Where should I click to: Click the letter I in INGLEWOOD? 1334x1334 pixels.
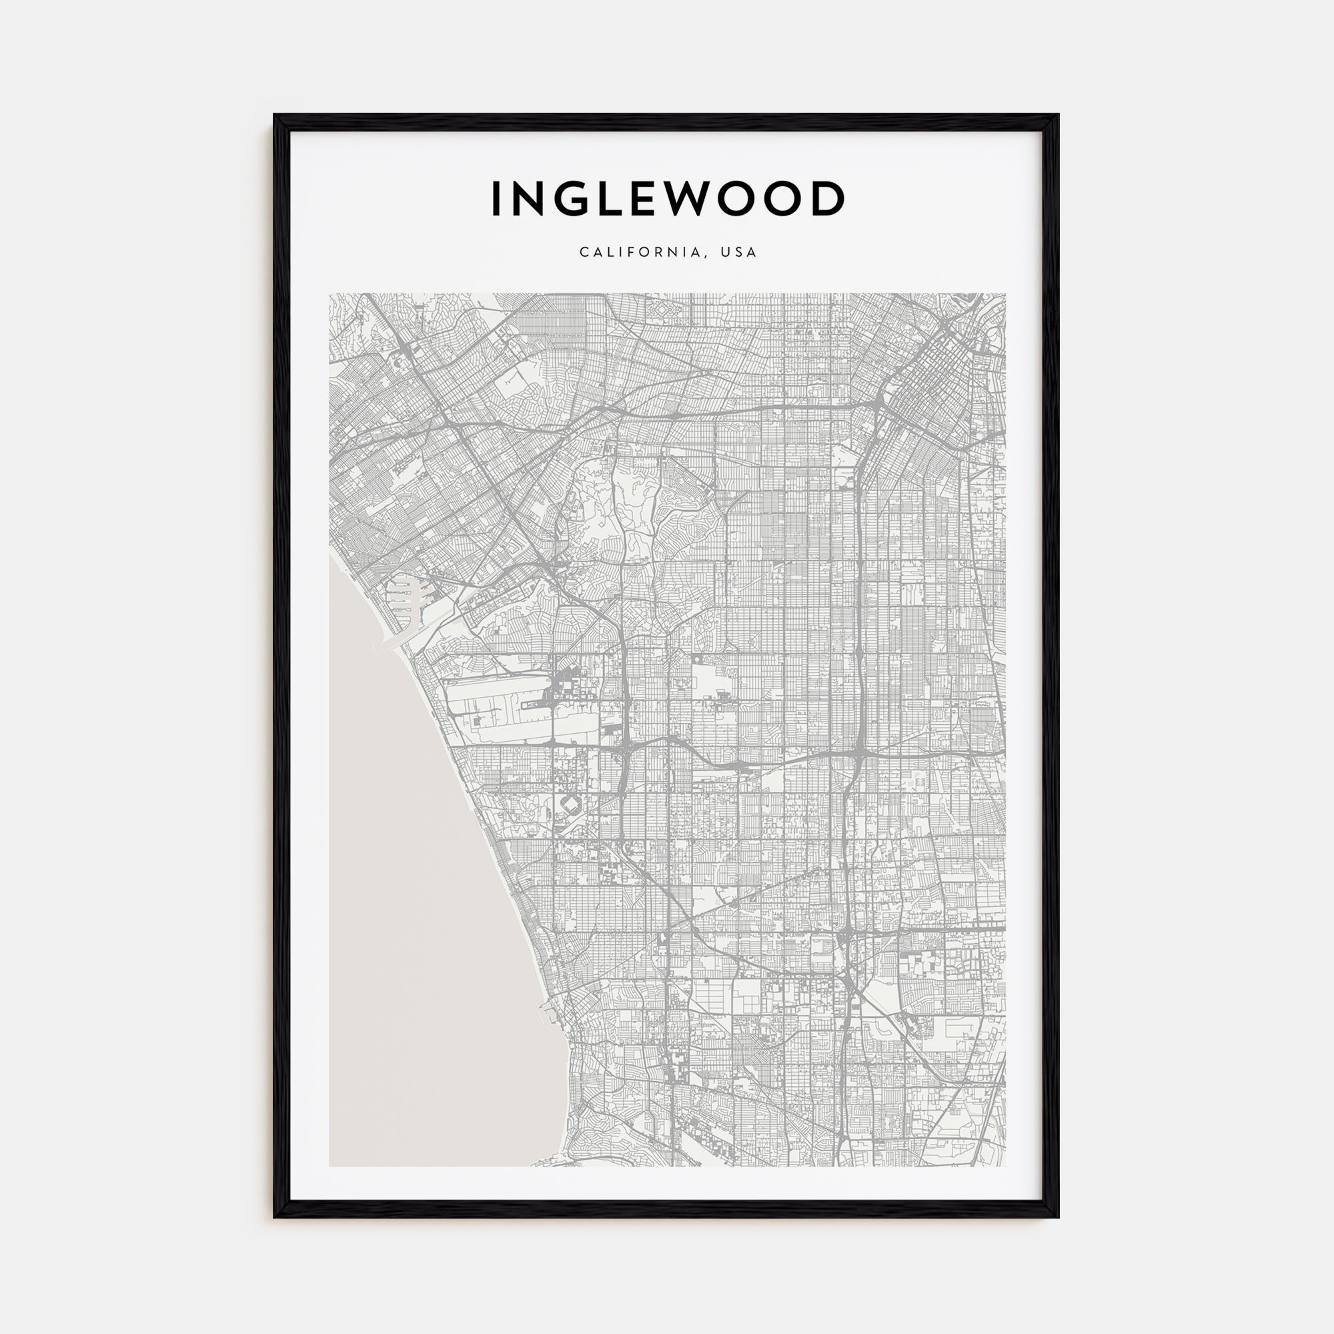point(496,199)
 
